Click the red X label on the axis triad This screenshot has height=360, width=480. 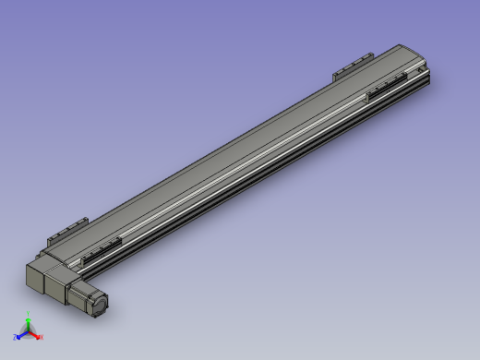[41, 338]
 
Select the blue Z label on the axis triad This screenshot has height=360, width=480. [16, 338]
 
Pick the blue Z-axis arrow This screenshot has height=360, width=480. [21, 335]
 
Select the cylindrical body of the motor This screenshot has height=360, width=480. [89, 294]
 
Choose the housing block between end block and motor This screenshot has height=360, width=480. [63, 277]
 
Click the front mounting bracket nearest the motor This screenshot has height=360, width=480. [102, 250]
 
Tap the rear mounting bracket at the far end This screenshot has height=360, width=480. [351, 66]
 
